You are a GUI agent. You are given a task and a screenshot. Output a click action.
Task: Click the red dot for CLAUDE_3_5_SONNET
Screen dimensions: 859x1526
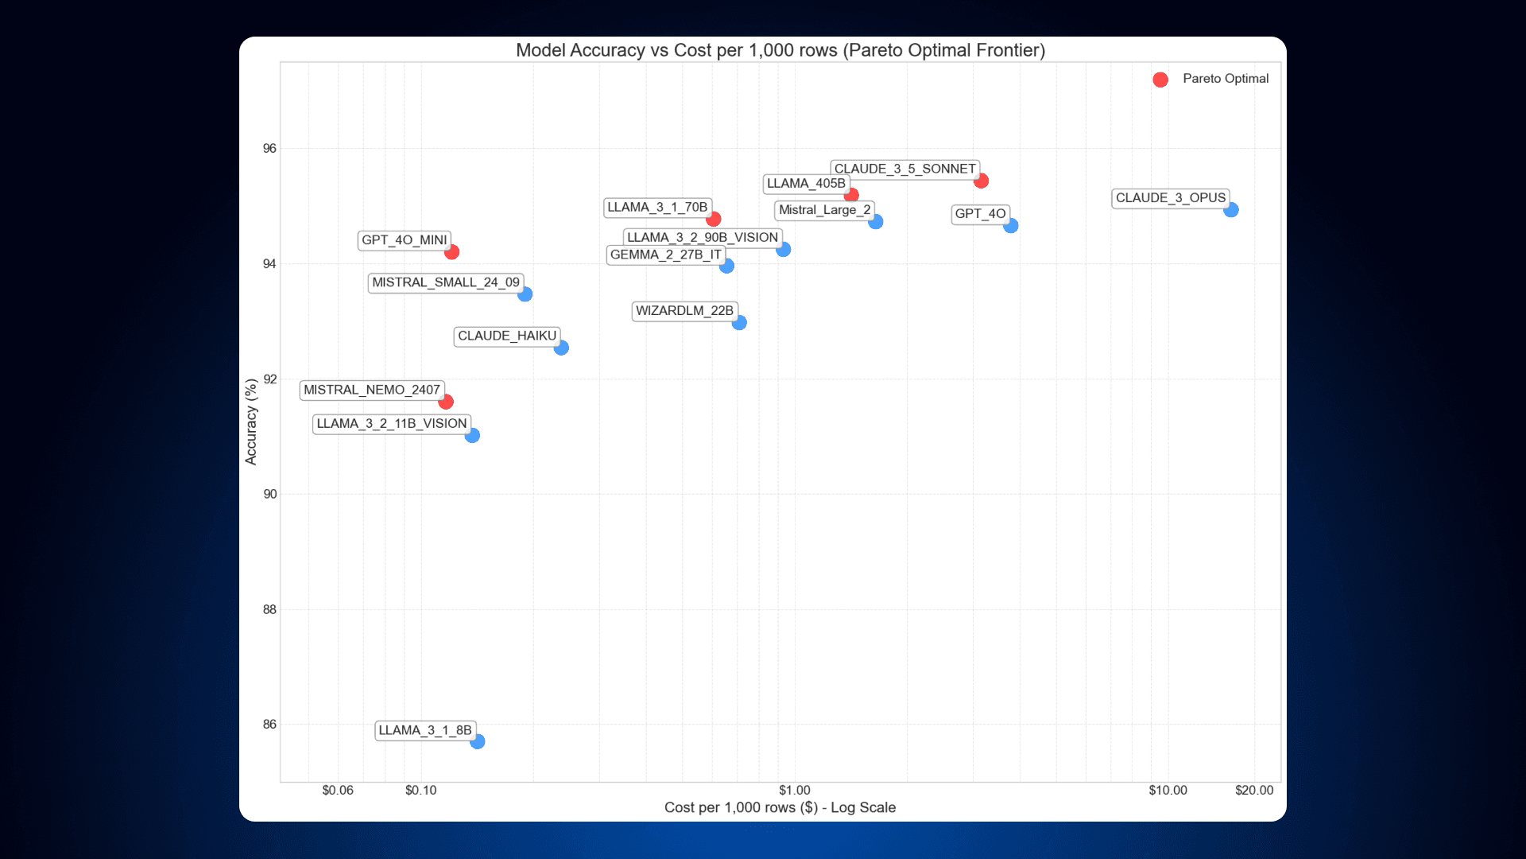[x=981, y=181]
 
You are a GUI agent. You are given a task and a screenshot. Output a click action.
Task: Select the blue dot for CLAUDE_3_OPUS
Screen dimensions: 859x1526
[x=1230, y=210]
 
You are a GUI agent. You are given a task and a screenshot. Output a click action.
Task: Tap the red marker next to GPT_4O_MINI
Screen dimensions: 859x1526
[x=451, y=252]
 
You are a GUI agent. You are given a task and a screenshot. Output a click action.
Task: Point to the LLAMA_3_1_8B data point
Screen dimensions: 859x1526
[x=477, y=741]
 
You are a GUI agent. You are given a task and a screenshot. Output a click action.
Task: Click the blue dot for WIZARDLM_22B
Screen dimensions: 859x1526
[x=739, y=322]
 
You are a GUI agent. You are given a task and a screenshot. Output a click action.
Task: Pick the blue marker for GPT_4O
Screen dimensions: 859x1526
[x=1010, y=226]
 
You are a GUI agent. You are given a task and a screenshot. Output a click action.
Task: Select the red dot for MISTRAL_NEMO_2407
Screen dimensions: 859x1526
[x=446, y=402]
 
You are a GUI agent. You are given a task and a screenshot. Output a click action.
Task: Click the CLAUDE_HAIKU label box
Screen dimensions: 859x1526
[x=506, y=336]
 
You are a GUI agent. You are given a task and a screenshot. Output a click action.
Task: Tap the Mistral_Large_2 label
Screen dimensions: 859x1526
[x=824, y=210]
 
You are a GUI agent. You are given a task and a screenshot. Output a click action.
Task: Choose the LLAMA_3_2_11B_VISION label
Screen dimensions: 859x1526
[x=391, y=424]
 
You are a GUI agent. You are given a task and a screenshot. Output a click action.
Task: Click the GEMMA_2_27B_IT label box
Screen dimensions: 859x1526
[x=665, y=255]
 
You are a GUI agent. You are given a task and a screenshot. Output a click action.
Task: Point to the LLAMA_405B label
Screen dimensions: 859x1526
[x=805, y=184]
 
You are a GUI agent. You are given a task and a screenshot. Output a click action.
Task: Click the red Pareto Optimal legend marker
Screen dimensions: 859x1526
[x=1160, y=80]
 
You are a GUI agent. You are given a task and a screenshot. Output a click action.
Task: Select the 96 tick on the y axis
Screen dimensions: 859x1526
[x=270, y=149]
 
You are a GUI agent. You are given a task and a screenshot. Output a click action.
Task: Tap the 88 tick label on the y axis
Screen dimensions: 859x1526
[x=270, y=609]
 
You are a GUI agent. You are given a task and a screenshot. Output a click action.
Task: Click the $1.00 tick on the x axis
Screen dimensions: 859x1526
[x=794, y=791]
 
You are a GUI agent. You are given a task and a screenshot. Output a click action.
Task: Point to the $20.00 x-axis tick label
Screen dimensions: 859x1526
[x=1253, y=791]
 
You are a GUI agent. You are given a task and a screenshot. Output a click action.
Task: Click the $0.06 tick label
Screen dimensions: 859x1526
[x=338, y=791]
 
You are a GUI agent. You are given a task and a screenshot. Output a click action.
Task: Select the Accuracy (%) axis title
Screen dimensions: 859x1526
[x=251, y=422]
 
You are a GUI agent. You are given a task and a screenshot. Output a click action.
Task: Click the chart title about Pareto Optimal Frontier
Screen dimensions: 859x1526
[x=780, y=50]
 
